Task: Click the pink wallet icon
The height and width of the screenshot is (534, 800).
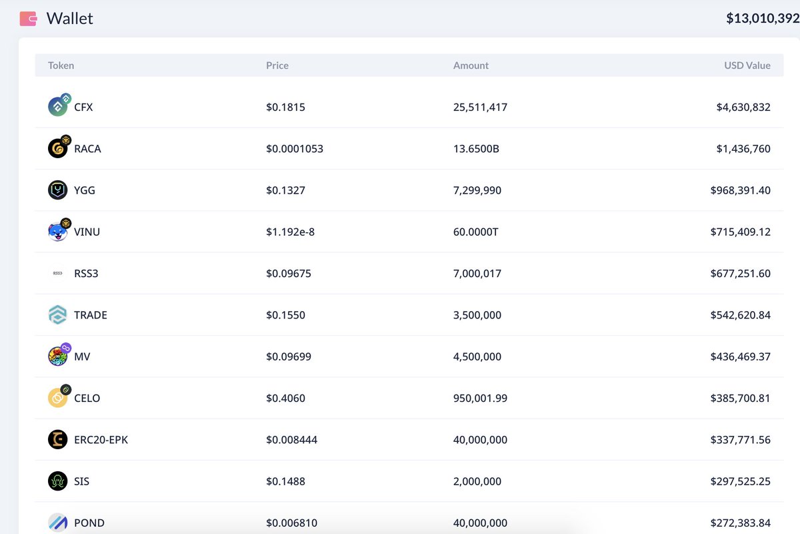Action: (x=28, y=19)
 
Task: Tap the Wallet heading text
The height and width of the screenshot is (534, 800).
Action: (x=69, y=19)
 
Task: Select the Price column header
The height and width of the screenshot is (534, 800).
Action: (x=277, y=65)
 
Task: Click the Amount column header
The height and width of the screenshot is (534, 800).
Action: (x=471, y=65)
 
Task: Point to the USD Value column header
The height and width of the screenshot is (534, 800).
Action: (x=747, y=65)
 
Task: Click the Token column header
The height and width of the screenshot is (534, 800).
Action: (x=61, y=65)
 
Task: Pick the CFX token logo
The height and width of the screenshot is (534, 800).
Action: (x=58, y=106)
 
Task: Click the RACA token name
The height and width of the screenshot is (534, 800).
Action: (x=87, y=149)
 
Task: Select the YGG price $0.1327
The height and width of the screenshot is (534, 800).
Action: (x=285, y=190)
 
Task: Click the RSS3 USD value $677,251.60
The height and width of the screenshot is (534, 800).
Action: (x=740, y=274)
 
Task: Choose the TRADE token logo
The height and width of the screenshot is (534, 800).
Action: (x=58, y=315)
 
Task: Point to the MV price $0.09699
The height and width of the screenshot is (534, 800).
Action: (x=288, y=356)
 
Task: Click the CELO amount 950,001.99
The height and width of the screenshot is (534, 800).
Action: (x=480, y=398)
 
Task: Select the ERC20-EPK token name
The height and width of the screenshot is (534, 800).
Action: (x=101, y=440)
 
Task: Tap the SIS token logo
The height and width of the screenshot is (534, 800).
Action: (x=58, y=481)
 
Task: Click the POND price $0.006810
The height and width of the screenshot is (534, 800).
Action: (x=291, y=523)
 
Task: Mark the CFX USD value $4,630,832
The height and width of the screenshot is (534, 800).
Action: (x=743, y=107)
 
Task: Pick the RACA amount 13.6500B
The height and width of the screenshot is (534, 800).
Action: (x=476, y=149)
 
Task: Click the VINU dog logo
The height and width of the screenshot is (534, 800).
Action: (x=57, y=232)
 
